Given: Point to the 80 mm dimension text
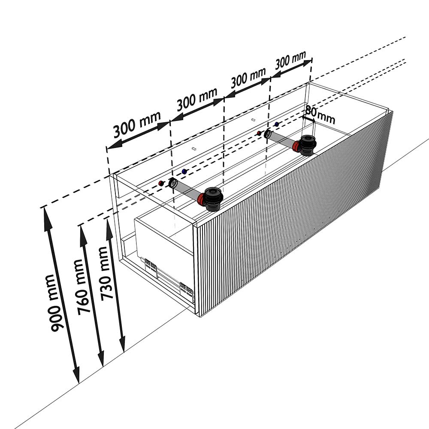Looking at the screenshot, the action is [x=320, y=115].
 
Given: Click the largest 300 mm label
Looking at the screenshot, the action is [x=137, y=124].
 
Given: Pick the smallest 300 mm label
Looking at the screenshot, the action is [x=290, y=60].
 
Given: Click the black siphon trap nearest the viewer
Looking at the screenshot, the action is [x=213, y=199].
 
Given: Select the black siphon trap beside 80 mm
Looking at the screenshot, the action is [x=308, y=145].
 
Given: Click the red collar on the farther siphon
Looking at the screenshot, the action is [x=296, y=146].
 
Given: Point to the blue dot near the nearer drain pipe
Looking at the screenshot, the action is [x=184, y=172].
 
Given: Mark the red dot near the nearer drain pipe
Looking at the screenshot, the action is [x=161, y=183].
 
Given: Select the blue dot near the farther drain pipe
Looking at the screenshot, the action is [x=277, y=124].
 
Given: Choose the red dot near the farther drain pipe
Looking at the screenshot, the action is [x=259, y=133].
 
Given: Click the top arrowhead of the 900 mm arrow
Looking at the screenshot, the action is [x=46, y=218].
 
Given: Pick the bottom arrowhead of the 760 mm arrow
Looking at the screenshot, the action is [x=101, y=358].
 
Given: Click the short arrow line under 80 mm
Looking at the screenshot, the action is [x=309, y=119].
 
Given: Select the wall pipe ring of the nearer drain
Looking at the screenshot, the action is [x=172, y=182].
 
